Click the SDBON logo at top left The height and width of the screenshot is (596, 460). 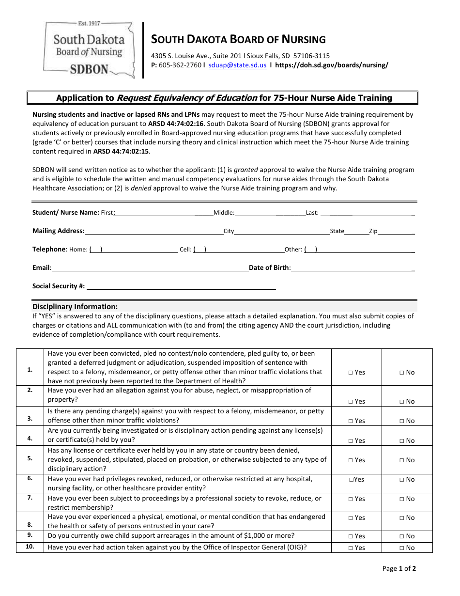89,49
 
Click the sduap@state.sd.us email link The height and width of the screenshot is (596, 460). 237,65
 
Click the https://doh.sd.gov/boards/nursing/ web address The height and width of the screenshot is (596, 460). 332,65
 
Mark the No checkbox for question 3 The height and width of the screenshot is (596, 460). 402,421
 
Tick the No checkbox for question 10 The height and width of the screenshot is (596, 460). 402,548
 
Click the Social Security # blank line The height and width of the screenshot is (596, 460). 180,287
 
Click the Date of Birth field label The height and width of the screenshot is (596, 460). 269,267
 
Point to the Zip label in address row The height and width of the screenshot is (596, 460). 373,231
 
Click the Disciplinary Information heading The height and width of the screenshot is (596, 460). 75,307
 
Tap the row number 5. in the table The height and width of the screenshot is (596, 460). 30,458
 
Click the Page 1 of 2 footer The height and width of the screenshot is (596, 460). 399,568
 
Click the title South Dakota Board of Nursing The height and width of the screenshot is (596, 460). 239,39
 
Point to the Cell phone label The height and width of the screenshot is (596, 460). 185,250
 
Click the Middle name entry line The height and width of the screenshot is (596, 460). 270,213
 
